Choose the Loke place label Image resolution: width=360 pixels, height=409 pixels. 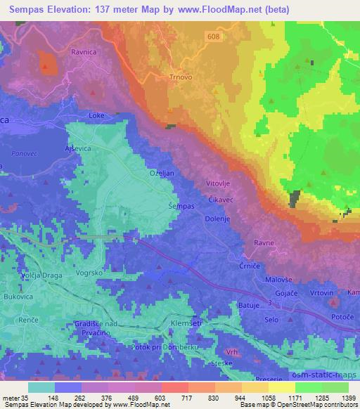pos(97,115)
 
